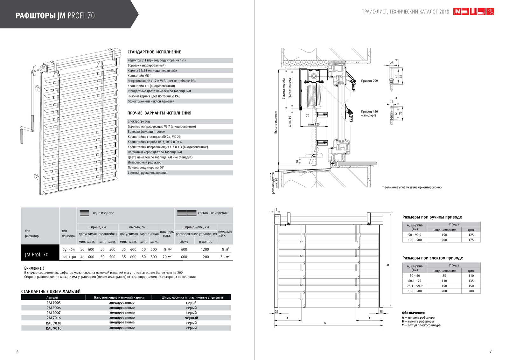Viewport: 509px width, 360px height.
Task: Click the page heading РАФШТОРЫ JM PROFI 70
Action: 55,16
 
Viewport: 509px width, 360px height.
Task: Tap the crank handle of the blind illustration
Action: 22,135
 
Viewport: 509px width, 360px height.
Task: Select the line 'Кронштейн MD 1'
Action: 140,76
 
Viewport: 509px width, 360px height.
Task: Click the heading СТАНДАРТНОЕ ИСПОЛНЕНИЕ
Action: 154,52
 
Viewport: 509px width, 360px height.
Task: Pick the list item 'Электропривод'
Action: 139,121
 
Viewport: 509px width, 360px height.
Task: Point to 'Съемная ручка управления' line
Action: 147,173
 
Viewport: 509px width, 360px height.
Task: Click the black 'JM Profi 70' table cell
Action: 37,254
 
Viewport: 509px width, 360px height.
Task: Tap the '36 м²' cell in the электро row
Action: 225,257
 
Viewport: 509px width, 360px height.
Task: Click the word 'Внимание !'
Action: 34,268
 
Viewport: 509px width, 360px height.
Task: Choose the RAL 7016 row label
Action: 53,318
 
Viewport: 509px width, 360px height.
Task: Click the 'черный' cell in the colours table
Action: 191,318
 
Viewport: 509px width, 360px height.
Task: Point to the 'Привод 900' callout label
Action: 369,81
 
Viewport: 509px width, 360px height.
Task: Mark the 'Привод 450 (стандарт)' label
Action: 369,114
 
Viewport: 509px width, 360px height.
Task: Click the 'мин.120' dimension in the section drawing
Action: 314,124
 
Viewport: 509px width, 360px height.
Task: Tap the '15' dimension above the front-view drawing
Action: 275,210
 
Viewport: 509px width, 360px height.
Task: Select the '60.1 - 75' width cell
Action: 415,281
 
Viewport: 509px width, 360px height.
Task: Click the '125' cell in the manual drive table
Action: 471,235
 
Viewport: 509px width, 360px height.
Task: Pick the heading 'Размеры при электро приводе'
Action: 432,258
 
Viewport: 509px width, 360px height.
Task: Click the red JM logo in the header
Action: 457,12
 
